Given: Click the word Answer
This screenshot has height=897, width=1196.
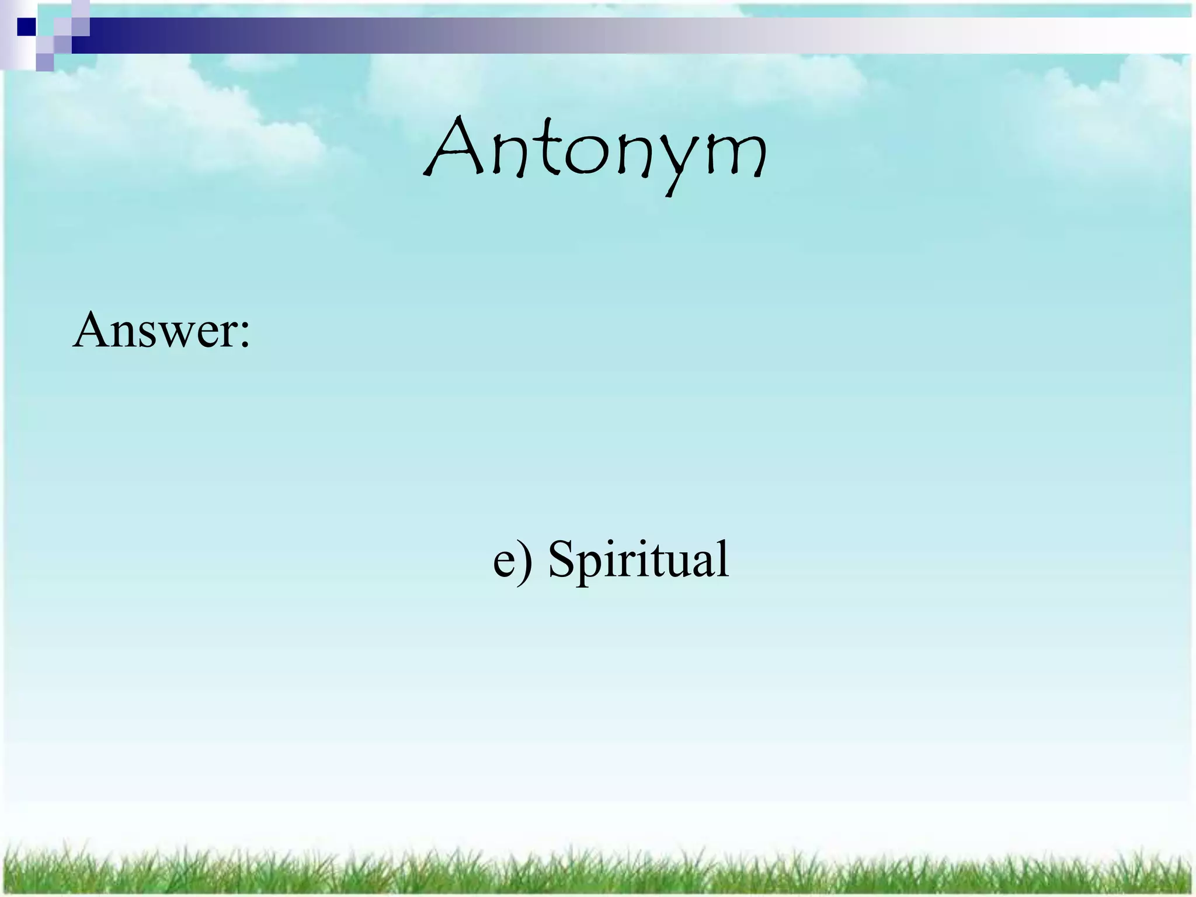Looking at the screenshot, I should (x=154, y=330).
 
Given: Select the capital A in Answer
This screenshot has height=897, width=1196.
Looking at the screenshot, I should (x=93, y=330).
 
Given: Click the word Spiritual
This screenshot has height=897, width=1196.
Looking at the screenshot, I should (x=638, y=559).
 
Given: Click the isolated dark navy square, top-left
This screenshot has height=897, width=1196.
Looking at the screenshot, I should (x=26, y=27).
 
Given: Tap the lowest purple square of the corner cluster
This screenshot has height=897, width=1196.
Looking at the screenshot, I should (x=45, y=62).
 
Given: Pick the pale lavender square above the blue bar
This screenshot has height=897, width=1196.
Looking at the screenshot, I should (x=81, y=9).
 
